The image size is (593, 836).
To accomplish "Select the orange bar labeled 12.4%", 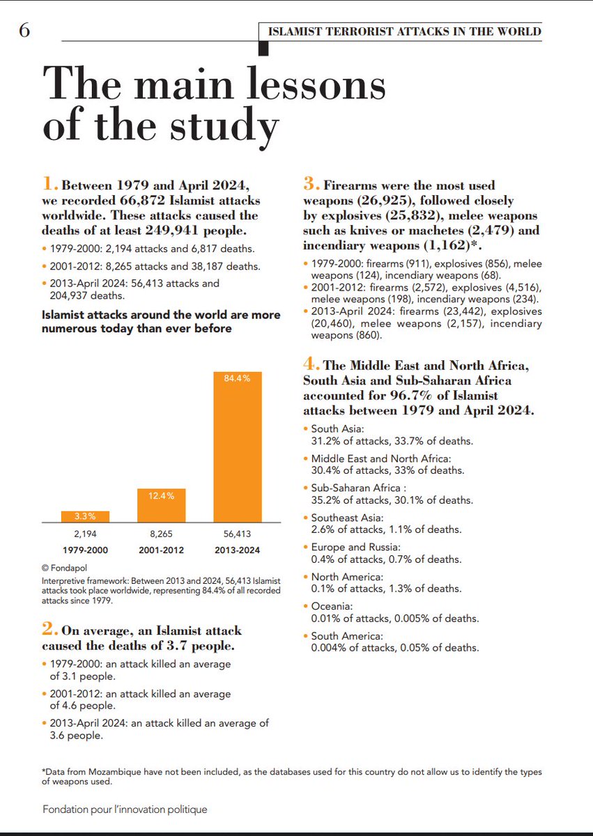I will (162, 504).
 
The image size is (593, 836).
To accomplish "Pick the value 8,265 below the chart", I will (162, 536).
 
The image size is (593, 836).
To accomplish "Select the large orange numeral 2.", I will (49, 630).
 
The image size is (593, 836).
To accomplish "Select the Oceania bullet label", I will (332, 607).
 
